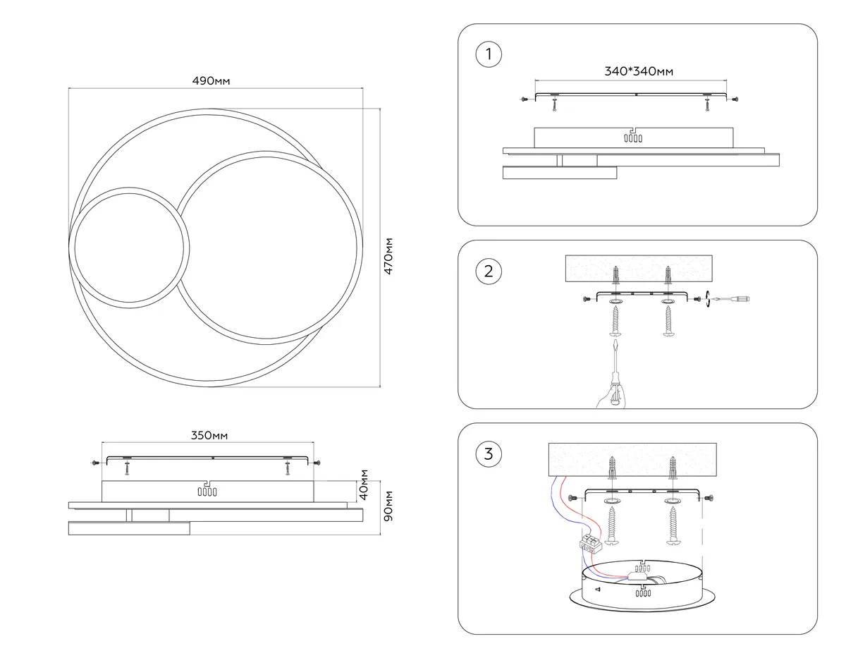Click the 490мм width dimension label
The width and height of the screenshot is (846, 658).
(x=211, y=80)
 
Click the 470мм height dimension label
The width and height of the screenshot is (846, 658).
(x=388, y=256)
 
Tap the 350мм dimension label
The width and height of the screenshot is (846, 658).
(x=209, y=435)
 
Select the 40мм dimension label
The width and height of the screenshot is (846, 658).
(x=363, y=485)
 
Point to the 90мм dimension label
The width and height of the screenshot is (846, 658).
(x=388, y=506)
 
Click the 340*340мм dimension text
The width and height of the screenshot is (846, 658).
(x=639, y=71)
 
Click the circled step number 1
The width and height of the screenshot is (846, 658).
(x=489, y=54)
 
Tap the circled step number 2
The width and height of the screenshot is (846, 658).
(x=489, y=271)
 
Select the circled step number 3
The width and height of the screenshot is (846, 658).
(x=489, y=454)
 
